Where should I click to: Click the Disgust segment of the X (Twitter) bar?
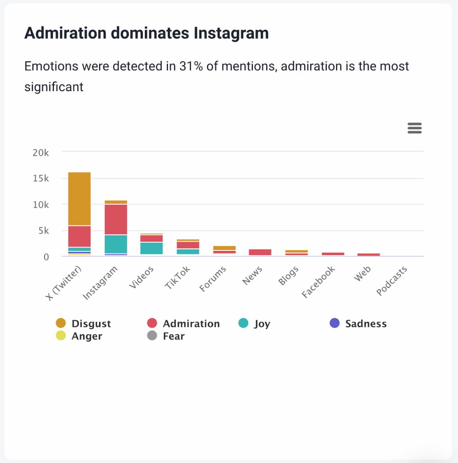79,199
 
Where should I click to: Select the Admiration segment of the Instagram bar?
116,219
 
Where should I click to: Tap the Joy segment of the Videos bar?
151,248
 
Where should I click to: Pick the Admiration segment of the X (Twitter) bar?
79,236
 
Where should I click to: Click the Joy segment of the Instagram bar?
116,244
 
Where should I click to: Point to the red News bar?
260,252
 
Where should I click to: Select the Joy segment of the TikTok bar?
188,252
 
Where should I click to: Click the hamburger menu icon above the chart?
414,128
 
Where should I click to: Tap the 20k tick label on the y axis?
41,153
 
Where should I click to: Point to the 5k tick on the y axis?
43,231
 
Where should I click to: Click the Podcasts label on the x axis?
392,281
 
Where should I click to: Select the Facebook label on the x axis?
318,282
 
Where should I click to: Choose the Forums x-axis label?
213,279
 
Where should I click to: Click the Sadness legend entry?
366,324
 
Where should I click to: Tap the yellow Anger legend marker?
61,335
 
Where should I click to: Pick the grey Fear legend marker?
152,335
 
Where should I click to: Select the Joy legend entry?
262,324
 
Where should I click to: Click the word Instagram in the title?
231,33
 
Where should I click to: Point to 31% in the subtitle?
191,66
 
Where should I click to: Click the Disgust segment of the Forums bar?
224,248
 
